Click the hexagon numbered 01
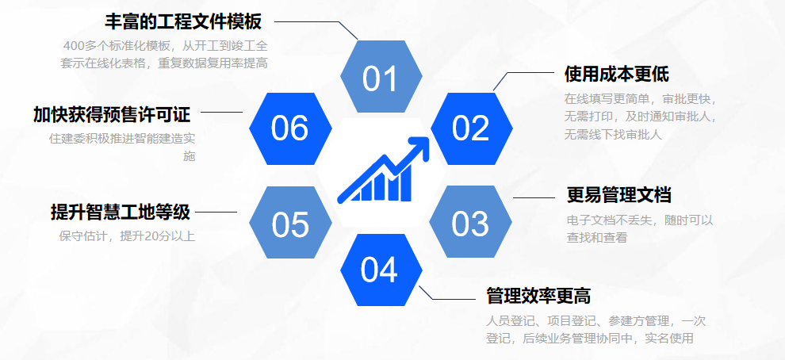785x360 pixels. pos(381,76)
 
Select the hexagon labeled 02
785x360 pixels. pos(472,128)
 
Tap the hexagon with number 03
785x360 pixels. pos(470,222)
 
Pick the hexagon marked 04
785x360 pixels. pos(381,270)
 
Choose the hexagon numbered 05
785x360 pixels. pos(290,222)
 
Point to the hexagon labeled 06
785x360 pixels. pos(290,128)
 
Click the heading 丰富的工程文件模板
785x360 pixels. pos(183,22)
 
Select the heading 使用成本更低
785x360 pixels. pos(617,75)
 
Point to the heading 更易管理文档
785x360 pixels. pos(618,195)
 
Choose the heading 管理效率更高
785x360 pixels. pos(538,296)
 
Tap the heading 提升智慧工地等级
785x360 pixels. pos(121,212)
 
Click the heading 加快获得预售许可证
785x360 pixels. pos(112,115)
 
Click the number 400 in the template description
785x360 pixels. pos(74,46)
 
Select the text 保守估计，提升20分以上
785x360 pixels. pos(127,236)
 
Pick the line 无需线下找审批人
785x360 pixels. pos(613,135)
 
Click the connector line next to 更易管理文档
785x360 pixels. pos(534,197)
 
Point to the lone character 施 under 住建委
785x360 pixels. pos(190,156)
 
